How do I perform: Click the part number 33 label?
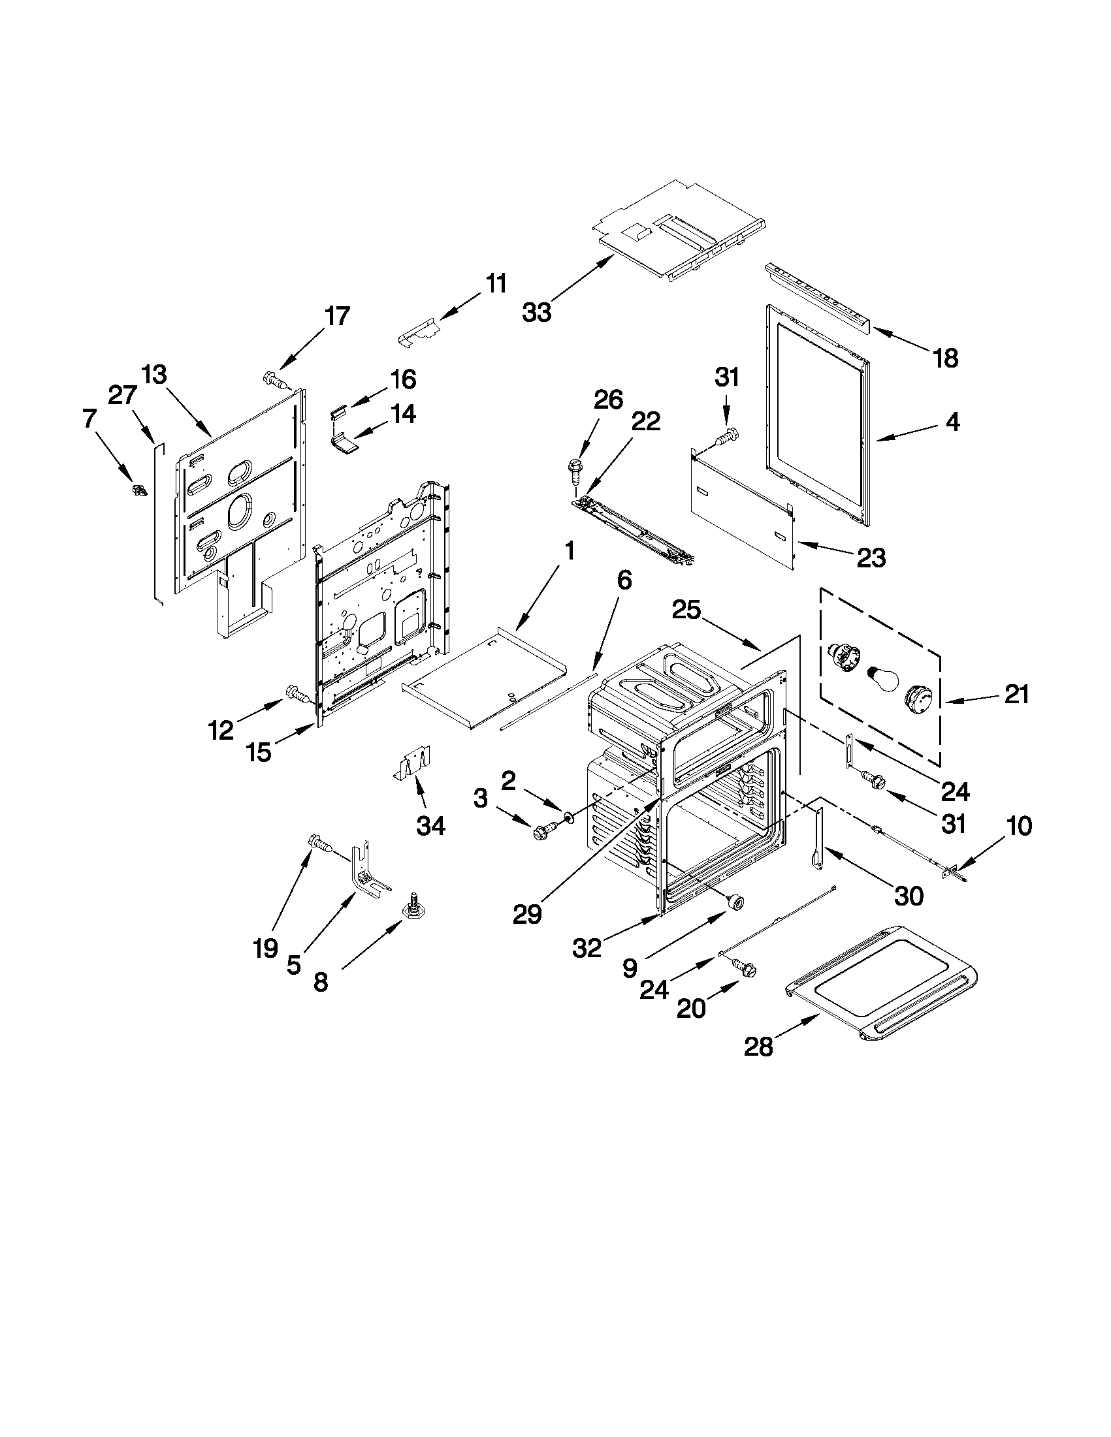point(536,312)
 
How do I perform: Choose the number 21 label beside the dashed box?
point(1016,694)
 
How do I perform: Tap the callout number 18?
point(945,358)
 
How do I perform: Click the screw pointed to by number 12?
point(296,693)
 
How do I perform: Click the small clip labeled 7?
point(139,490)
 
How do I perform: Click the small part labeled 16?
point(338,412)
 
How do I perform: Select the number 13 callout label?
point(153,375)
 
